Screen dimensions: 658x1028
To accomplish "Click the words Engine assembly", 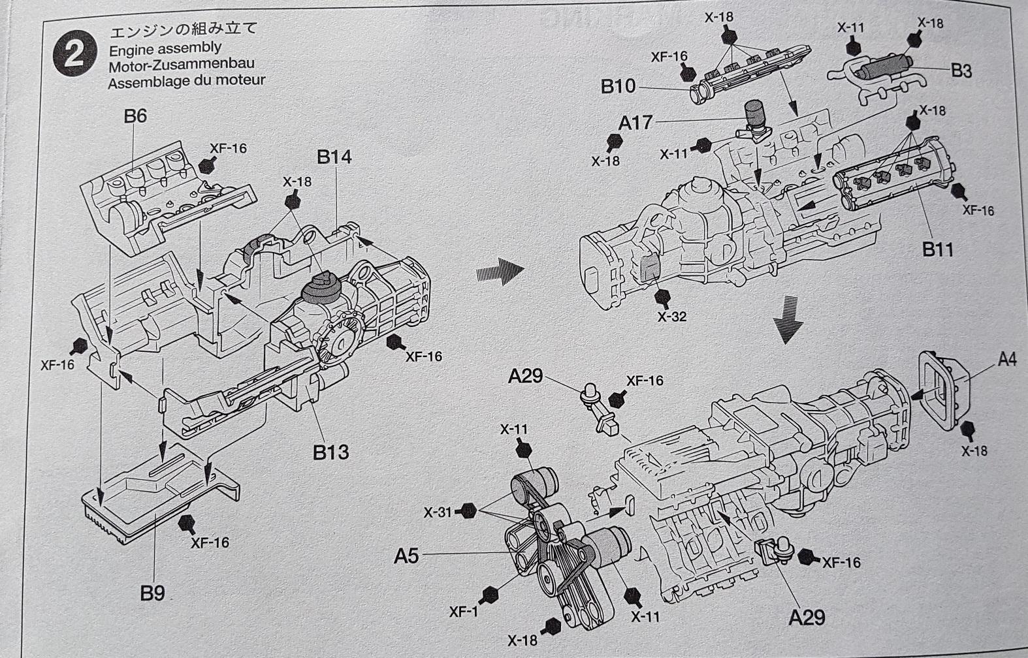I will [x=165, y=48].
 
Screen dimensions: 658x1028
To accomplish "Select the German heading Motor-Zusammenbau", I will [x=181, y=65].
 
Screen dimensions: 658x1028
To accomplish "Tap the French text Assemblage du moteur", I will [x=187, y=82].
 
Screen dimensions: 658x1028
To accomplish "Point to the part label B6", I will [x=135, y=116].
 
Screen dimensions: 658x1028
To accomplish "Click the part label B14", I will [x=334, y=157].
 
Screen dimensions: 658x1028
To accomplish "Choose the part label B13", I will [x=330, y=452].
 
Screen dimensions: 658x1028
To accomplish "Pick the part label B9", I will [x=152, y=593].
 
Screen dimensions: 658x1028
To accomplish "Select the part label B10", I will [x=618, y=86].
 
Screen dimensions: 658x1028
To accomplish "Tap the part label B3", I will [x=961, y=70].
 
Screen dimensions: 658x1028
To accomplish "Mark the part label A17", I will [x=635, y=122].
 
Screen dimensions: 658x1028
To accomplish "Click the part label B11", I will [x=937, y=249].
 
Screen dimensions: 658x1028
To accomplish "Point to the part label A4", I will [x=1007, y=359].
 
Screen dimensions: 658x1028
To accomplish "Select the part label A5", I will [x=406, y=556].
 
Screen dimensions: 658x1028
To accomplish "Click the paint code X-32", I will [x=672, y=317].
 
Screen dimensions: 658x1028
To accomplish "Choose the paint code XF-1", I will [x=464, y=612].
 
